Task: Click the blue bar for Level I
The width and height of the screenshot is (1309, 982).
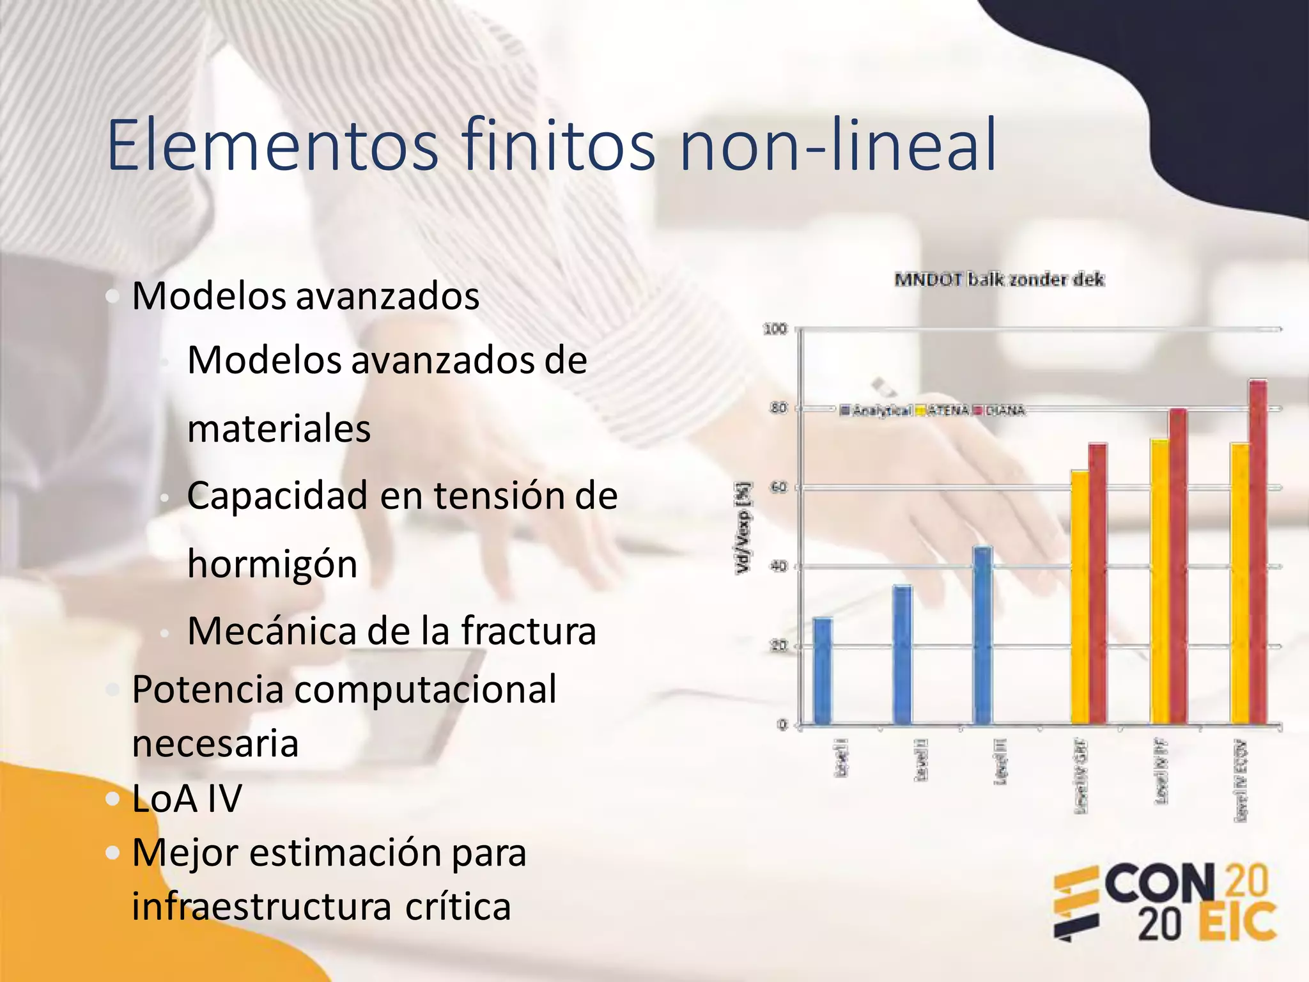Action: pos(823,671)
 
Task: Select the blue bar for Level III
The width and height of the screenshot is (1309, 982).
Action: pos(982,635)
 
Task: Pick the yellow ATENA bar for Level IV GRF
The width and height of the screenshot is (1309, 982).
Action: pos(1080,598)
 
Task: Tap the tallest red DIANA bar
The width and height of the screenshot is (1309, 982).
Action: pos(1258,552)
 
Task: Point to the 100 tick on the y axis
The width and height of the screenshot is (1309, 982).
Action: pos(775,329)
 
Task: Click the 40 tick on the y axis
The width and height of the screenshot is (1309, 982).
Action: pos(778,566)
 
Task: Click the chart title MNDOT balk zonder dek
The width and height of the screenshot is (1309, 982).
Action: pos(999,279)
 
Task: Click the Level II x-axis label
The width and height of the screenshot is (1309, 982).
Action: pos(921,759)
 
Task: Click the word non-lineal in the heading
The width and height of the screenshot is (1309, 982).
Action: pos(838,146)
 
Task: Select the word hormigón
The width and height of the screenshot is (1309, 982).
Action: pos(272,564)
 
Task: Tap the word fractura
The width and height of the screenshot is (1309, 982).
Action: pos(529,631)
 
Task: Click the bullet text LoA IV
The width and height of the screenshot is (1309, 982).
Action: pos(187,799)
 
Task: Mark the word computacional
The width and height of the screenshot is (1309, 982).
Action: pos(425,689)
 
